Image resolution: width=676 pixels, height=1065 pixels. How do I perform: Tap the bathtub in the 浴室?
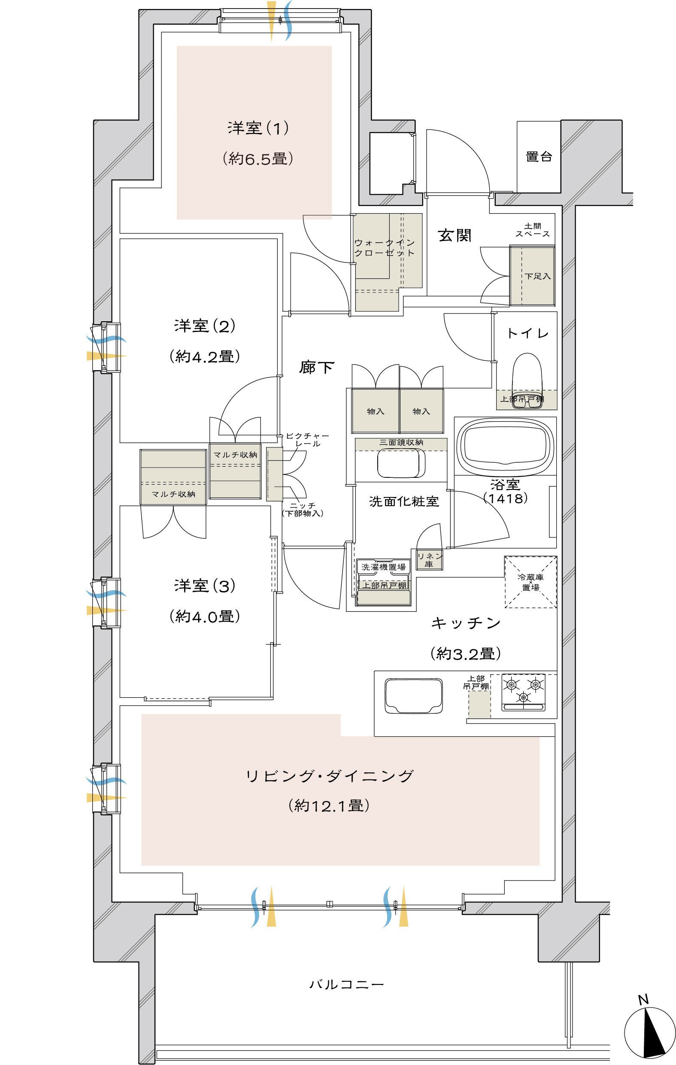505,444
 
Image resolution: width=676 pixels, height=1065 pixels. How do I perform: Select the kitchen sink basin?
413,695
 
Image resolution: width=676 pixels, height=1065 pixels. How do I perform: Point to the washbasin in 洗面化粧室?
401,463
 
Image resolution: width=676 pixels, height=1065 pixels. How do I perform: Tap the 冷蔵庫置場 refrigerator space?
531,582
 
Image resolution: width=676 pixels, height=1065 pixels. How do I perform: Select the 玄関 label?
455,235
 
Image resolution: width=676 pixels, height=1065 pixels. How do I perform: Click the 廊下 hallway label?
316,367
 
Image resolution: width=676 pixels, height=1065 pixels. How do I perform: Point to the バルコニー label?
346,984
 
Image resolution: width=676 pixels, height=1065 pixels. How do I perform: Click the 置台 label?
539,157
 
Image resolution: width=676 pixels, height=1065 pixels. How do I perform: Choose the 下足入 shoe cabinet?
532,276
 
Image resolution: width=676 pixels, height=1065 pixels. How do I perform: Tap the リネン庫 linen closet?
429,559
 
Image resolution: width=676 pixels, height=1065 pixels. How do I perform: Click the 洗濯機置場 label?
383,567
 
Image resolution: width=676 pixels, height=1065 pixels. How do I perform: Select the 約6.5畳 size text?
258,158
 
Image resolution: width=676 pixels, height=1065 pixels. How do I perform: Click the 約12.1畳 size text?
329,806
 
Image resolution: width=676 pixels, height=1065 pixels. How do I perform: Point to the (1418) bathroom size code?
505,498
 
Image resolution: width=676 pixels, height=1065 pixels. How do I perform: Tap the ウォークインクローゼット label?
384,247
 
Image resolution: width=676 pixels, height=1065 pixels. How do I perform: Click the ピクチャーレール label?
307,440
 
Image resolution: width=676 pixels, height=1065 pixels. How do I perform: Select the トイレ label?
527,333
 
